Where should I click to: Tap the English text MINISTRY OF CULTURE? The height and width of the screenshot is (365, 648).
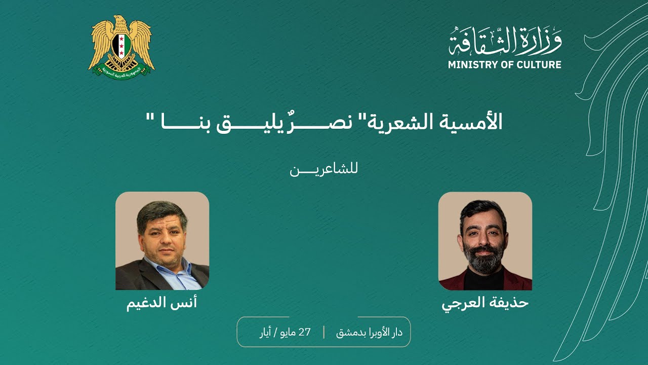coord(504,65)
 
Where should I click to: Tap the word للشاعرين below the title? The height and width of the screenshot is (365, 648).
coord(324,169)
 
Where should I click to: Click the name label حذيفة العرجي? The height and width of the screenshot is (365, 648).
coord(485,303)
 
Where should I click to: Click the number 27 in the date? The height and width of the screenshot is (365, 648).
coord(304,332)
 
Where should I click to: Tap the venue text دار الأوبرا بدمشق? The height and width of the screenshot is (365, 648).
coord(370,332)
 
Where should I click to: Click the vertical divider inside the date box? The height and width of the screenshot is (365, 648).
coord(324,332)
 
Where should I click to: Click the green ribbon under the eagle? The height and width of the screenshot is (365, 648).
coord(121,69)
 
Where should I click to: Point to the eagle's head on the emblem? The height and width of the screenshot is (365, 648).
coord(119,21)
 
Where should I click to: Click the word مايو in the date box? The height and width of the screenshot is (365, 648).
coord(287,333)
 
